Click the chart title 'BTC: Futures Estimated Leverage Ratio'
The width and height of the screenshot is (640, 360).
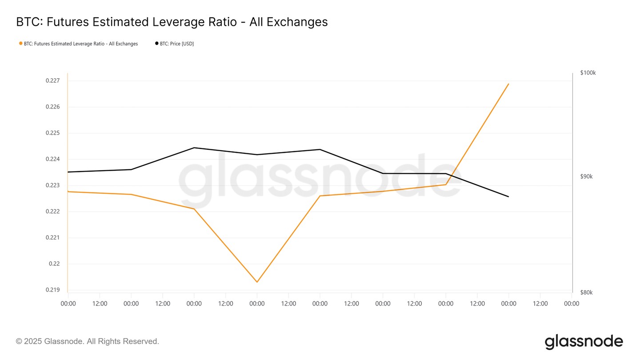172,22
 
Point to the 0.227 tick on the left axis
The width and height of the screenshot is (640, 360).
53,81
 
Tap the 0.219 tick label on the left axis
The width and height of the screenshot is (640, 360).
53,290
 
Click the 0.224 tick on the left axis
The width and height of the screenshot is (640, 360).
53,159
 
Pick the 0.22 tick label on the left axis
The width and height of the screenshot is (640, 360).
54,264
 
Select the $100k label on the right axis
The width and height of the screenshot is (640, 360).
588,73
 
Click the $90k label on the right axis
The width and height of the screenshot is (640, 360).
587,176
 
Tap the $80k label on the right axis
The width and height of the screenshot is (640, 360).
587,292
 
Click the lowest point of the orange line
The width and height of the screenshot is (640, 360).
257,282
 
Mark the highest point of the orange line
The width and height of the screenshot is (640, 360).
508,84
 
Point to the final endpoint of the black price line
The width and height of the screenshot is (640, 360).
508,196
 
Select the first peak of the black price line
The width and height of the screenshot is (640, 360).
194,148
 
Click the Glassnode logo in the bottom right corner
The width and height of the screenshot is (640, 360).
584,341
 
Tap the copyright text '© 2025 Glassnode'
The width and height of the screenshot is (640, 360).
88,341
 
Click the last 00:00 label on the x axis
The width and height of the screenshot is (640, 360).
572,304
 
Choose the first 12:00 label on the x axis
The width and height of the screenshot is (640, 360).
100,304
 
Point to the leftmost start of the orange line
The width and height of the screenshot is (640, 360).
68,192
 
